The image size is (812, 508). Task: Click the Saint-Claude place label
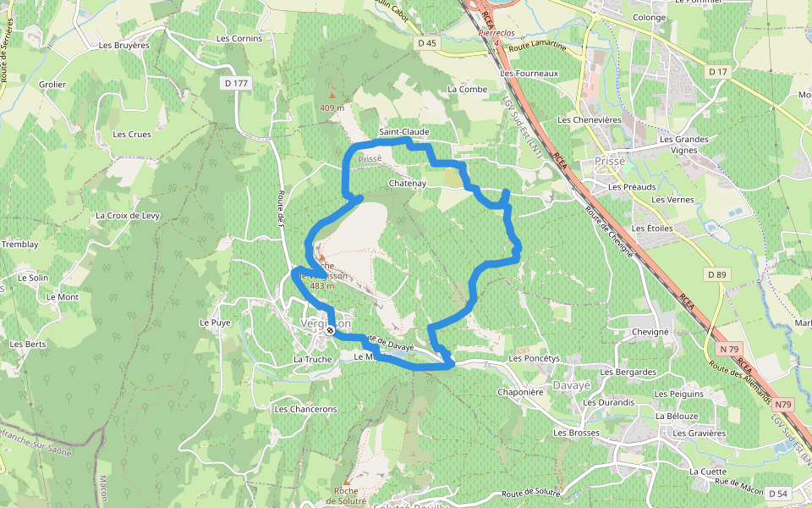[403, 132]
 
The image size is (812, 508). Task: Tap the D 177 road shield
[238, 83]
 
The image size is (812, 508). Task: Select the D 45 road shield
[428, 42]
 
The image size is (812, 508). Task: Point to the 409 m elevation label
[332, 108]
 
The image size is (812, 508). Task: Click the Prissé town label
[610, 160]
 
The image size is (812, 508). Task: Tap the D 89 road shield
[716, 274]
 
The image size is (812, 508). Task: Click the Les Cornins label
[239, 38]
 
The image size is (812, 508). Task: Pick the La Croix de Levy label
[128, 215]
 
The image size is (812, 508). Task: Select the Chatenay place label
[407, 183]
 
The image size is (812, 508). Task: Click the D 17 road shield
[717, 72]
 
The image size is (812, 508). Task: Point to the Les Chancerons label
[305, 409]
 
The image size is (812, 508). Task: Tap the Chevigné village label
[650, 332]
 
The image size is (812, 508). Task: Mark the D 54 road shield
[778, 493]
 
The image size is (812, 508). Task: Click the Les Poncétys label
[535, 358]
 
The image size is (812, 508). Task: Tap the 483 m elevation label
[322, 286]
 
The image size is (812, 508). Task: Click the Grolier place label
[52, 84]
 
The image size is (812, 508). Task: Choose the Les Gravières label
[700, 433]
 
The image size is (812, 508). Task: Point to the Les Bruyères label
[123, 45]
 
